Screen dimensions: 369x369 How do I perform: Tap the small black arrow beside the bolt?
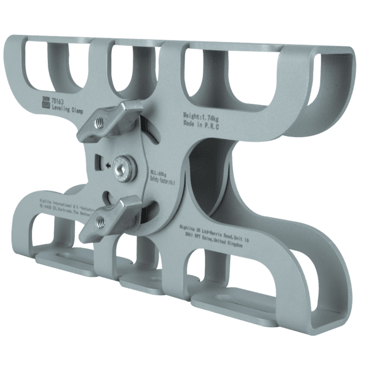pyautogui.click(x=108, y=165)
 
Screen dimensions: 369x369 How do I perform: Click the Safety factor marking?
pyautogui.click(x=162, y=181)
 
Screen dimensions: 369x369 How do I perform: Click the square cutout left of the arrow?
pyautogui.click(x=98, y=163)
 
